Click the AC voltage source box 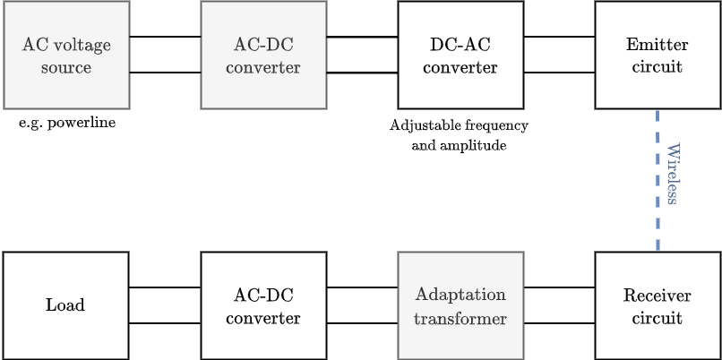coord(66,55)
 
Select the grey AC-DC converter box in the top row coord(263,55)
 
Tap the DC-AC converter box coord(460,55)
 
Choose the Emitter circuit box coord(658,55)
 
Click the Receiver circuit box coord(658,305)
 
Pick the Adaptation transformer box coord(460,305)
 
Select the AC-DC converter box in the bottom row coord(263,305)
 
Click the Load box coord(66,305)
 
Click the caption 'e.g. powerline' coord(67,123)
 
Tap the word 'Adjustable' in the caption coord(425,125)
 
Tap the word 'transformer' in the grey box coord(460,318)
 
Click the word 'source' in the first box coord(66,67)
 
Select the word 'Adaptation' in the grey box coord(460,295)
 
